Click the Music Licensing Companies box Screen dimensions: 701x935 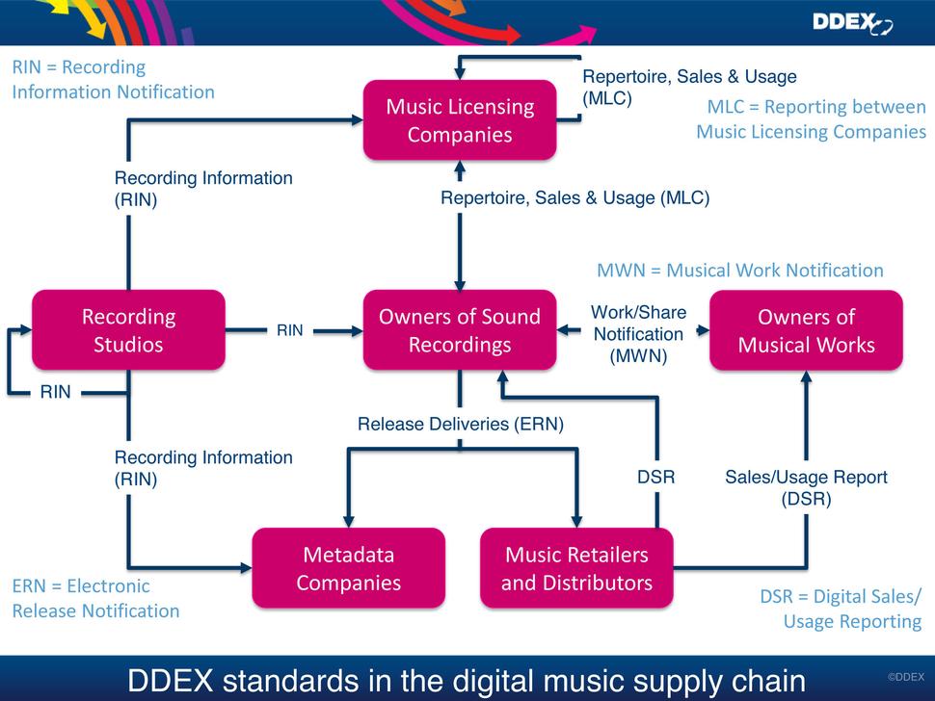460,120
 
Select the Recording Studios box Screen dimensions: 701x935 128,330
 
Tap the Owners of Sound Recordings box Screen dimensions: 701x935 460,330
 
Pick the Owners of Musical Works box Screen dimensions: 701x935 806,330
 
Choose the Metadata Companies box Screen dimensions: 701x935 348,568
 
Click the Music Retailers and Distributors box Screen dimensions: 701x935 576,568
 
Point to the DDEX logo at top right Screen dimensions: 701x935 852,23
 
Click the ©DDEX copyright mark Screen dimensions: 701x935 905,677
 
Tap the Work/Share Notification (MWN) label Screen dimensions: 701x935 638,334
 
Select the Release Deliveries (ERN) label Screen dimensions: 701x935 461,424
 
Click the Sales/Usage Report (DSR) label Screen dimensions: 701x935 806,487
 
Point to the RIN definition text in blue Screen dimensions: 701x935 113,80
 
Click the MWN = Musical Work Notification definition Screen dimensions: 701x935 739,271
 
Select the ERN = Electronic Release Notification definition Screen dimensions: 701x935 95,598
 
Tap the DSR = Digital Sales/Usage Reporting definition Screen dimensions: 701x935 841,609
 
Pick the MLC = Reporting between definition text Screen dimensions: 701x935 811,119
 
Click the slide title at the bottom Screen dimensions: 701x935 467,680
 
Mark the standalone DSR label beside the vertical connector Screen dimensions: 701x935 655,477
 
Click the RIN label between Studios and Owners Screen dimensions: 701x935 289,330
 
